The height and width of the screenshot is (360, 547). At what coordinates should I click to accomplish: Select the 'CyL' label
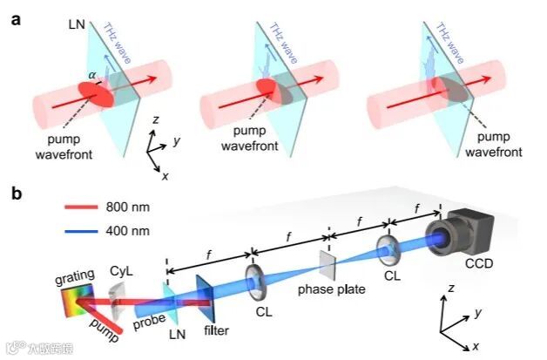point(123,272)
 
